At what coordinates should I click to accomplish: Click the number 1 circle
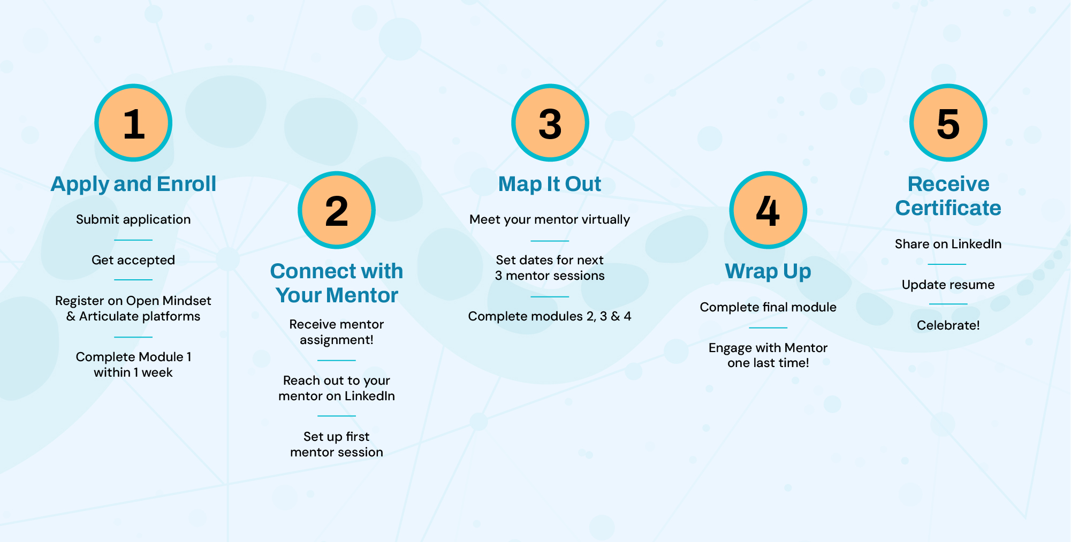coord(133,123)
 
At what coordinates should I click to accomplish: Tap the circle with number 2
coord(337,210)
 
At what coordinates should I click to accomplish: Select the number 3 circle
coord(550,123)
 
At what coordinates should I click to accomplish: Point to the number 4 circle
coord(768,210)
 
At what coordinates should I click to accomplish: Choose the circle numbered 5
coord(948,123)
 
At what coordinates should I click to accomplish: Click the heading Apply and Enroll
coord(133,184)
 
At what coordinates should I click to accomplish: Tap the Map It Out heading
coord(550,184)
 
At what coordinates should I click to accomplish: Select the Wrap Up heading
coord(768,271)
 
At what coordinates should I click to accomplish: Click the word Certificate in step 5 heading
coord(948,208)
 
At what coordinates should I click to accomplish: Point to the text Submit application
coord(133,219)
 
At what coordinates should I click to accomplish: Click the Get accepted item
coord(133,260)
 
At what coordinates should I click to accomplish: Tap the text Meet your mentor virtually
coord(550,219)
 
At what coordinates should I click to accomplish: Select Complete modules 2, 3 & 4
coord(550,316)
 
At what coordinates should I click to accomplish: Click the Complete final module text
coord(768,307)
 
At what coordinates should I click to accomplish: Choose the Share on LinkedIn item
coord(948,244)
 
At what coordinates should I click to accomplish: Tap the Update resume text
coord(948,285)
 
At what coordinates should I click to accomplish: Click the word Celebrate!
coord(948,325)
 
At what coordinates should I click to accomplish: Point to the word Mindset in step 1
coord(187,301)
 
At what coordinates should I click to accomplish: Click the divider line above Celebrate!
coord(948,304)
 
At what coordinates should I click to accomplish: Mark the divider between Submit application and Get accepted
coord(133,240)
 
